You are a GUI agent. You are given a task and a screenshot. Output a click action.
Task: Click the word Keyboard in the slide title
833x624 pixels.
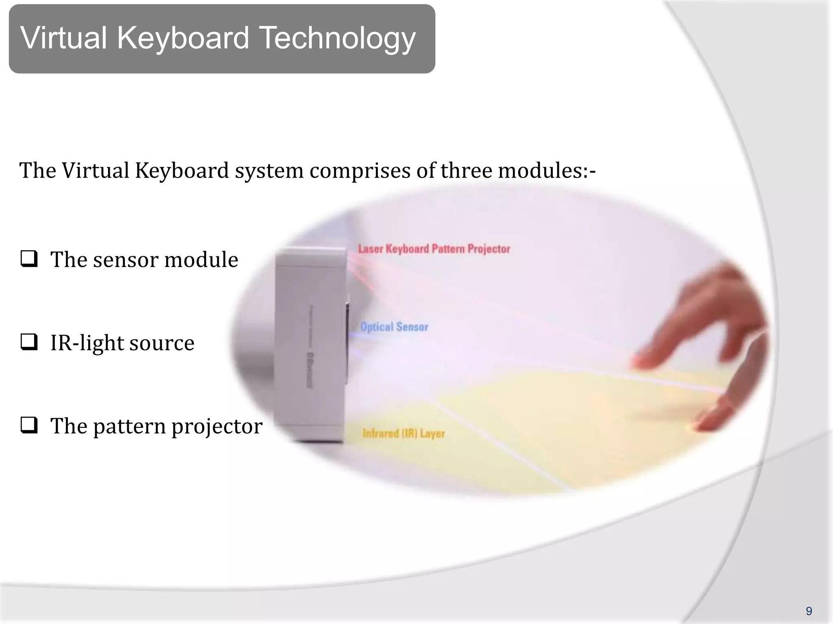coord(183,38)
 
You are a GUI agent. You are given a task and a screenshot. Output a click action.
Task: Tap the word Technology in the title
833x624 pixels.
coord(337,38)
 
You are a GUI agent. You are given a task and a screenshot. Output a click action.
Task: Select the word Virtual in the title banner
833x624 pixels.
coord(63,38)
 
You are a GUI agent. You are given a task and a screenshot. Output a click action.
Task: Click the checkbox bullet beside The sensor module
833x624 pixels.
coord(29,259)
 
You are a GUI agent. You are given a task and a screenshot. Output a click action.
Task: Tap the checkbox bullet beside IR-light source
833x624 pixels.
coord(29,342)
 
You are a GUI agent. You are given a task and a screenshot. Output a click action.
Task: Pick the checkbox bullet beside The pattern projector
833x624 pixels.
coord(29,426)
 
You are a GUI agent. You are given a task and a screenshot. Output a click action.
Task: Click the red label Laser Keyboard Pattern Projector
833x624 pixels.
coord(434,249)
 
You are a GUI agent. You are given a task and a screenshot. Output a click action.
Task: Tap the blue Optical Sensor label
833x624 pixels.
coord(394,327)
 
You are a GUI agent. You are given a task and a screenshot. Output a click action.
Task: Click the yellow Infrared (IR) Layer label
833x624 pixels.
coord(403,433)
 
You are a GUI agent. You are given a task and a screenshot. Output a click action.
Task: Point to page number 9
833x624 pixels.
coord(809,611)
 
